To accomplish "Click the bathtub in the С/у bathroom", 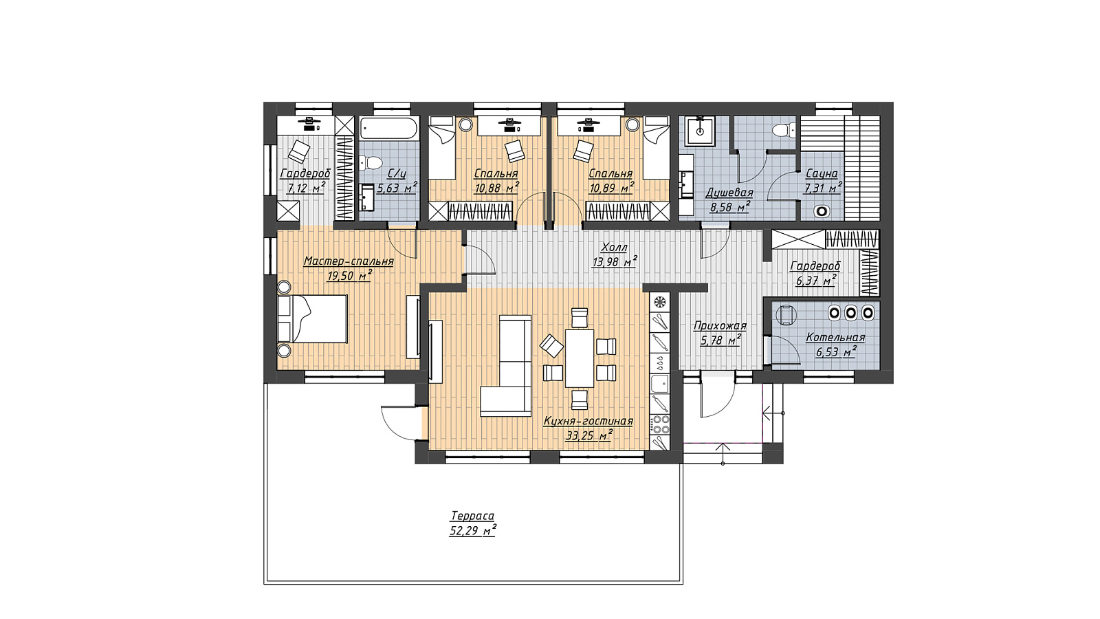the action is click(x=389, y=129).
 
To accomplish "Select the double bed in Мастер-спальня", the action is click(x=312, y=318).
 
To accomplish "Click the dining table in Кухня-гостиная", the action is click(x=580, y=358).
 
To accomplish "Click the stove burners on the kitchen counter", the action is click(x=660, y=424).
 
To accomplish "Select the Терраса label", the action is click(x=472, y=516).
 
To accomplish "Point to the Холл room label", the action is click(x=615, y=248).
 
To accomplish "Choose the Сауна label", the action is click(x=822, y=173).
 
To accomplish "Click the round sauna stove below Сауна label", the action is click(x=821, y=211).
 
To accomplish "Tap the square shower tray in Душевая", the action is click(x=701, y=131).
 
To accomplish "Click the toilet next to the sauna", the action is click(x=784, y=130).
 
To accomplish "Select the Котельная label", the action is click(x=835, y=338).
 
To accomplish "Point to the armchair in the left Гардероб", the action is click(x=299, y=151).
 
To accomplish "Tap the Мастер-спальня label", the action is click(x=349, y=261).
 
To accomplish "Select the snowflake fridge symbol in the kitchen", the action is click(x=660, y=302).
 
